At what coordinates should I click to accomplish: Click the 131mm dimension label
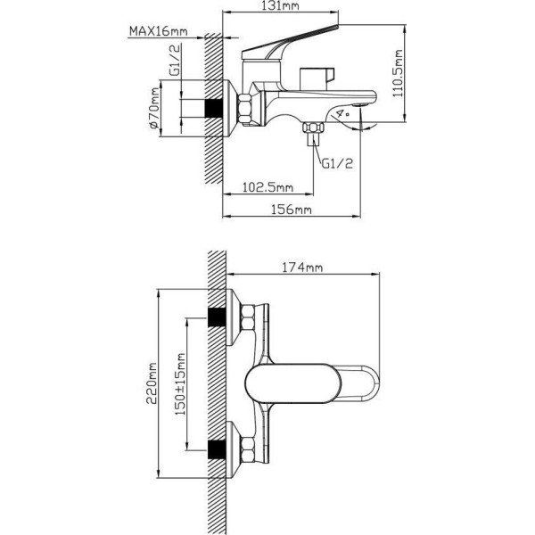click(x=281, y=5)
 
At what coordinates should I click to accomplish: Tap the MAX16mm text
click(x=159, y=31)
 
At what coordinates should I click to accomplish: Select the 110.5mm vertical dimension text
click(x=398, y=73)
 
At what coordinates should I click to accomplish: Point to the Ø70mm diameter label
click(x=154, y=108)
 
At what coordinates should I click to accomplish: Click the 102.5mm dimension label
click(x=267, y=187)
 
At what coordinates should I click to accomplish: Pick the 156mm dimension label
click(x=291, y=210)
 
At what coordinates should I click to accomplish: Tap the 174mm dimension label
click(x=302, y=267)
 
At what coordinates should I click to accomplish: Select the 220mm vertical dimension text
click(x=152, y=383)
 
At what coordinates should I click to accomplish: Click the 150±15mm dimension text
click(x=180, y=383)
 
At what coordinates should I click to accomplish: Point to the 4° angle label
click(x=342, y=113)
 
